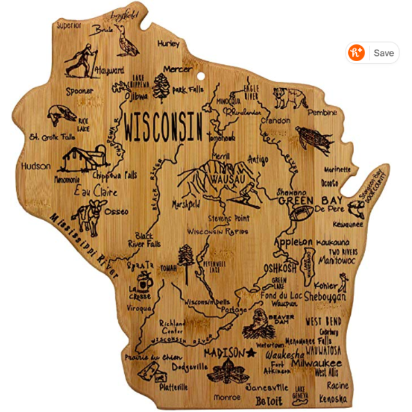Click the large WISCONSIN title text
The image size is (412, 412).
pos(164,127)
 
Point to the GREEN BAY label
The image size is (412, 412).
pos(306,200)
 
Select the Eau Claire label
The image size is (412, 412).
pos(96,191)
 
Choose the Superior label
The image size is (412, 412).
pos(69,26)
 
